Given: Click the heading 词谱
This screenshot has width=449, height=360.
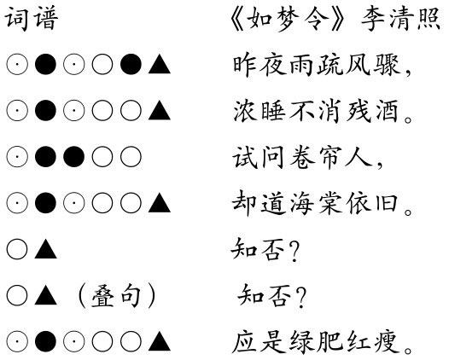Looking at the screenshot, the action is [x=32, y=19].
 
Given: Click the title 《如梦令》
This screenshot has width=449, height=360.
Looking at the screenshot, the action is [x=287, y=19].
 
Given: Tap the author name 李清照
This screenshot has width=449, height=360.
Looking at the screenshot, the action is [x=400, y=19].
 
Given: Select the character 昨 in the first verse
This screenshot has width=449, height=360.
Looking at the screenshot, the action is [x=244, y=65].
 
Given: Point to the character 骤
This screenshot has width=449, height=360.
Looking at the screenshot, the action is [x=387, y=65].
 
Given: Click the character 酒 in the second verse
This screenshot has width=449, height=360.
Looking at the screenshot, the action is [x=387, y=111].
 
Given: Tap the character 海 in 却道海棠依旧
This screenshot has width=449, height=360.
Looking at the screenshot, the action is [x=301, y=204].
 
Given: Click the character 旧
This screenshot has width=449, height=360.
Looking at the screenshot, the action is [x=387, y=204].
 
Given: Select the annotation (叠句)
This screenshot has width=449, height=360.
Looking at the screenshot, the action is [x=117, y=296].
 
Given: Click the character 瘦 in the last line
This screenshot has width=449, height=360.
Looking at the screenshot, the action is [x=388, y=342].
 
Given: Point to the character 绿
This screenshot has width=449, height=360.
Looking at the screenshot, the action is [x=302, y=342].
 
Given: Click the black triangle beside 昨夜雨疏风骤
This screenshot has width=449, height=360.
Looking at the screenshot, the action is [x=160, y=65].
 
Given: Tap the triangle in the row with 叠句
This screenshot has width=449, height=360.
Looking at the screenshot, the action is [x=45, y=297].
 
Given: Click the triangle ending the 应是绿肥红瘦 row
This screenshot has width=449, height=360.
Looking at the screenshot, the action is [x=160, y=342].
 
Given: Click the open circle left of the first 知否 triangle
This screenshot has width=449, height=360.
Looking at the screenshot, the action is [x=17, y=250].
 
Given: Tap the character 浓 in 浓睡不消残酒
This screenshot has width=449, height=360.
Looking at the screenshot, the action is [x=244, y=111].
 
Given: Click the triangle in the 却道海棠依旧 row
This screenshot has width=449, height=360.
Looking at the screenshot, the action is [x=160, y=203].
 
